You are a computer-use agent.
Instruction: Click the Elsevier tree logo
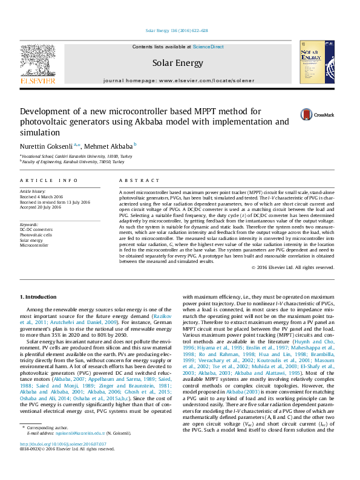[x=38, y=61]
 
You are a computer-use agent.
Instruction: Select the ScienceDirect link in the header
[x=208, y=47]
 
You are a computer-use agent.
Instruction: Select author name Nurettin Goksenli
[x=46, y=146]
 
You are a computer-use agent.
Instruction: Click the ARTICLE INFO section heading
[x=49, y=181]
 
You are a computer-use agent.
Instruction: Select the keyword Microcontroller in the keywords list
[x=34, y=245]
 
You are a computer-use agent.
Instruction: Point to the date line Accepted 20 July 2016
[x=41, y=207]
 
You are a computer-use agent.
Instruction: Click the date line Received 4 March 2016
[x=41, y=196]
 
